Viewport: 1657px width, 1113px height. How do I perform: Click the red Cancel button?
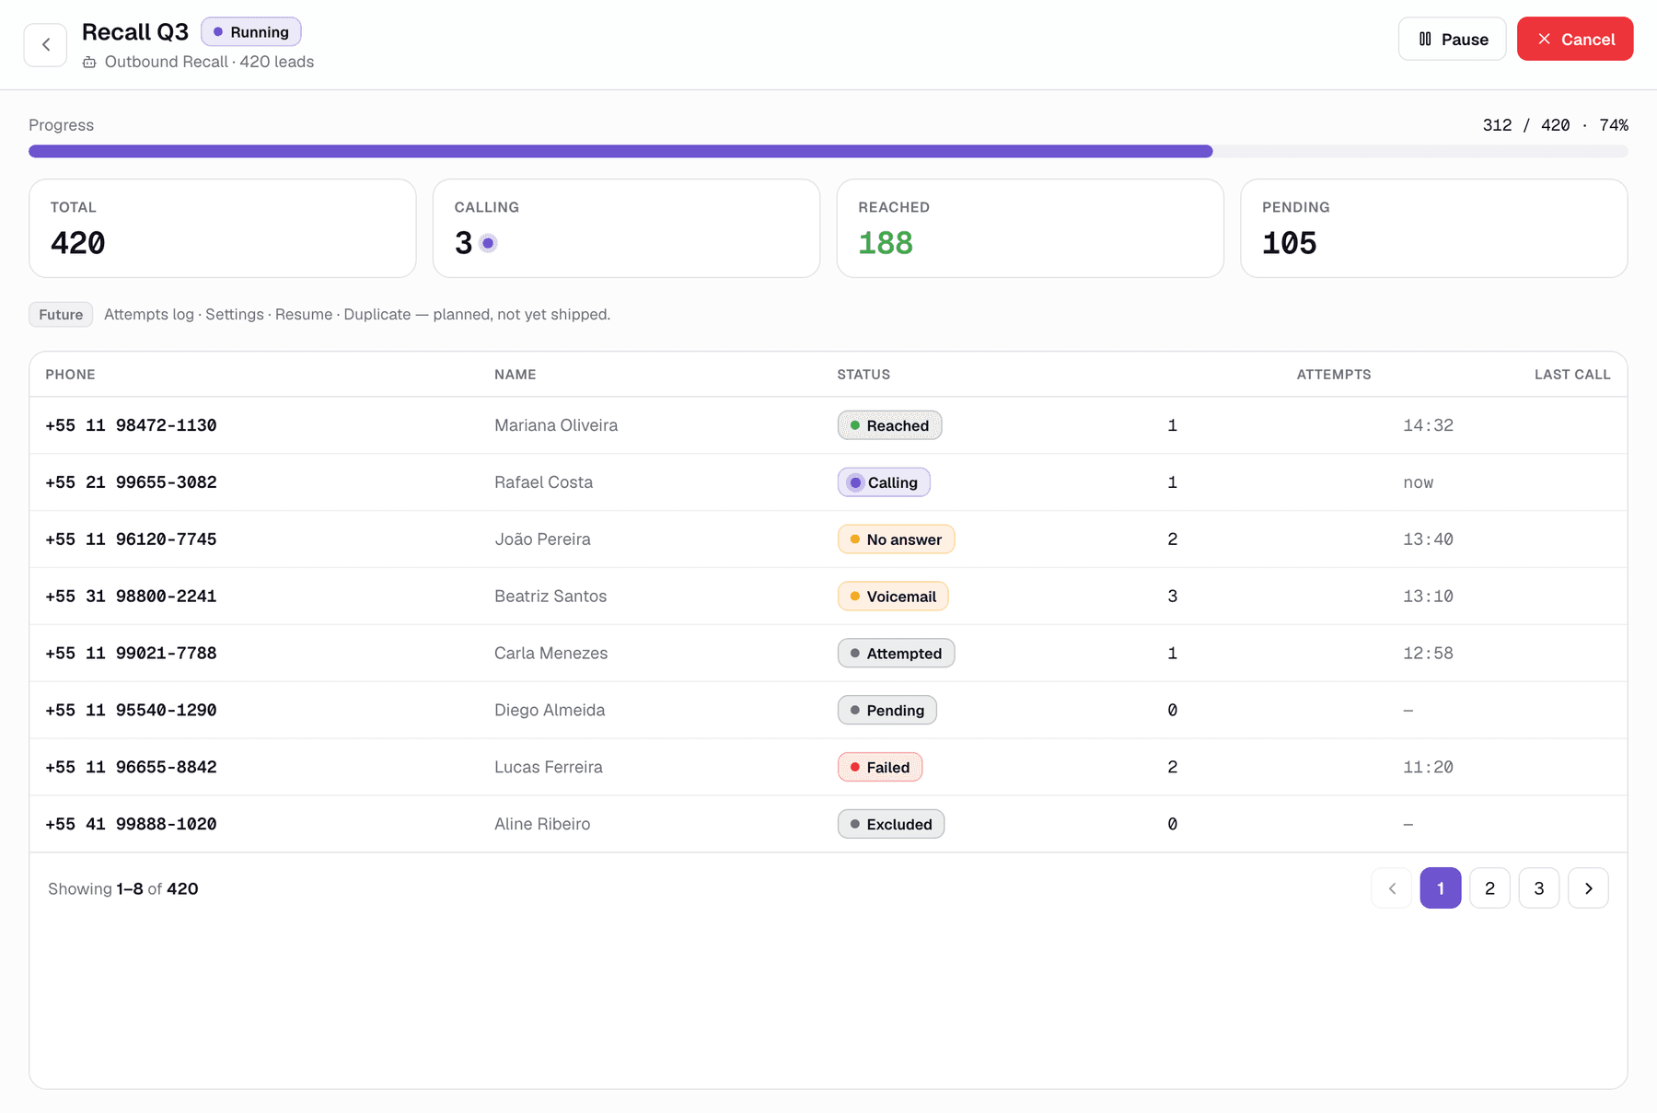coord(1575,39)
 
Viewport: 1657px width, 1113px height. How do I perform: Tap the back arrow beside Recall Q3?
coord(45,44)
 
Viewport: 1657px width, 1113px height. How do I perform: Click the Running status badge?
coord(251,32)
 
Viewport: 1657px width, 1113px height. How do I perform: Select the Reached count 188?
coord(886,243)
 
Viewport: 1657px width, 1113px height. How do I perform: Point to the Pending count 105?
coord(1290,243)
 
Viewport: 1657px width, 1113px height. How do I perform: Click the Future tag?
coord(61,314)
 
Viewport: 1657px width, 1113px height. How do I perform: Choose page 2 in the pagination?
coord(1489,888)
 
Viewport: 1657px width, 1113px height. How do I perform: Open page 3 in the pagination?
coord(1539,888)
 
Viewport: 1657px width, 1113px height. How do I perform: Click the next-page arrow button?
coord(1588,888)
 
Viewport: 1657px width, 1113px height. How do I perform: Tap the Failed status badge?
coord(880,767)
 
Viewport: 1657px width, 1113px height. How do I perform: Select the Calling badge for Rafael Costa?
coord(884,482)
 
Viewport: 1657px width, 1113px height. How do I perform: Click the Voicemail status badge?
coord(893,597)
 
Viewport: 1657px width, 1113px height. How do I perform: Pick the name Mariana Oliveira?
coord(556,425)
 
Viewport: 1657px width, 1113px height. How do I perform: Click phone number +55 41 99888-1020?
coord(131,824)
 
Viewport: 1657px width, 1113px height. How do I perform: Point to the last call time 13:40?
coord(1428,539)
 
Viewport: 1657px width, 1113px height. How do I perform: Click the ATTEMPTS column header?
coord(1334,375)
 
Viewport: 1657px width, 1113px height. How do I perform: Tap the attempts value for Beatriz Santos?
coord(1172,597)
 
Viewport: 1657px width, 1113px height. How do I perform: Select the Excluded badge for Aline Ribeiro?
coord(891,824)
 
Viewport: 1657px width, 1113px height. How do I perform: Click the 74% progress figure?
coord(1614,125)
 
